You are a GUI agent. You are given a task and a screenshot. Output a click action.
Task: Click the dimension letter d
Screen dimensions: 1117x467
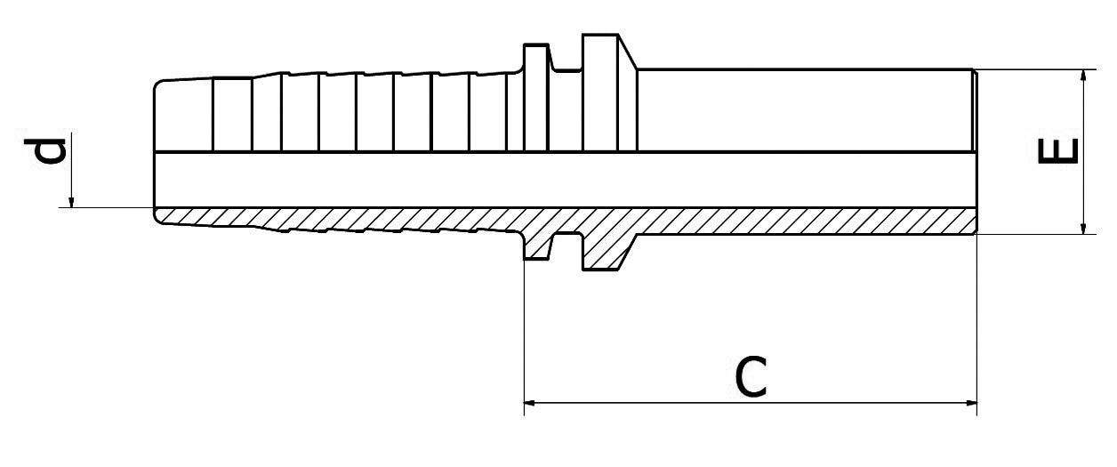[45, 151]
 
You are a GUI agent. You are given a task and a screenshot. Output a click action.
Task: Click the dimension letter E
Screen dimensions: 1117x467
[1057, 151]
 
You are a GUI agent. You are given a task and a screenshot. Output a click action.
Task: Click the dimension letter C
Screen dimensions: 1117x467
[751, 377]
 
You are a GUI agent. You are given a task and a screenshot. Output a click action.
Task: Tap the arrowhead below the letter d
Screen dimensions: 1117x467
[71, 202]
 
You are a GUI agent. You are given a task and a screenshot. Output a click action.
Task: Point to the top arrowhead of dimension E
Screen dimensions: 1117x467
[1082, 76]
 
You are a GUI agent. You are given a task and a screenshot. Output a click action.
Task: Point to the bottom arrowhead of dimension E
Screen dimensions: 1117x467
[1082, 227]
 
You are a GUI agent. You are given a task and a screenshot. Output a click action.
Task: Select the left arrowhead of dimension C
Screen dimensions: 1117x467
[531, 403]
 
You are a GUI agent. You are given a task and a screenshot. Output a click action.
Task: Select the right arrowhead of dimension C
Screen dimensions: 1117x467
[970, 403]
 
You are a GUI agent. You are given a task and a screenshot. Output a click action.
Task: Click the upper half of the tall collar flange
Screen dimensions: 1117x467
[601, 93]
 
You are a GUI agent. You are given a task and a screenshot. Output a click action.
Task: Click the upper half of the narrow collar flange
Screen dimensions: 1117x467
[536, 97]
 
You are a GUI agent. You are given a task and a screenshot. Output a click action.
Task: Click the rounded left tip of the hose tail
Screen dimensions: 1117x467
[157, 90]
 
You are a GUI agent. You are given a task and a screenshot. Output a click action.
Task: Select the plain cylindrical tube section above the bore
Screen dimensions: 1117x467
[806, 109]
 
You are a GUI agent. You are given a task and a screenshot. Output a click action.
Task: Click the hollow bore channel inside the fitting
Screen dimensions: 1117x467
[565, 180]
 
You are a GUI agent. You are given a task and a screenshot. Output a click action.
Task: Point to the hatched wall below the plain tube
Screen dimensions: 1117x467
[806, 221]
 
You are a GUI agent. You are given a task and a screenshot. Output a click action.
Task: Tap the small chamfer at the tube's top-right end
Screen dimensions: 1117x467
[975, 74]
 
